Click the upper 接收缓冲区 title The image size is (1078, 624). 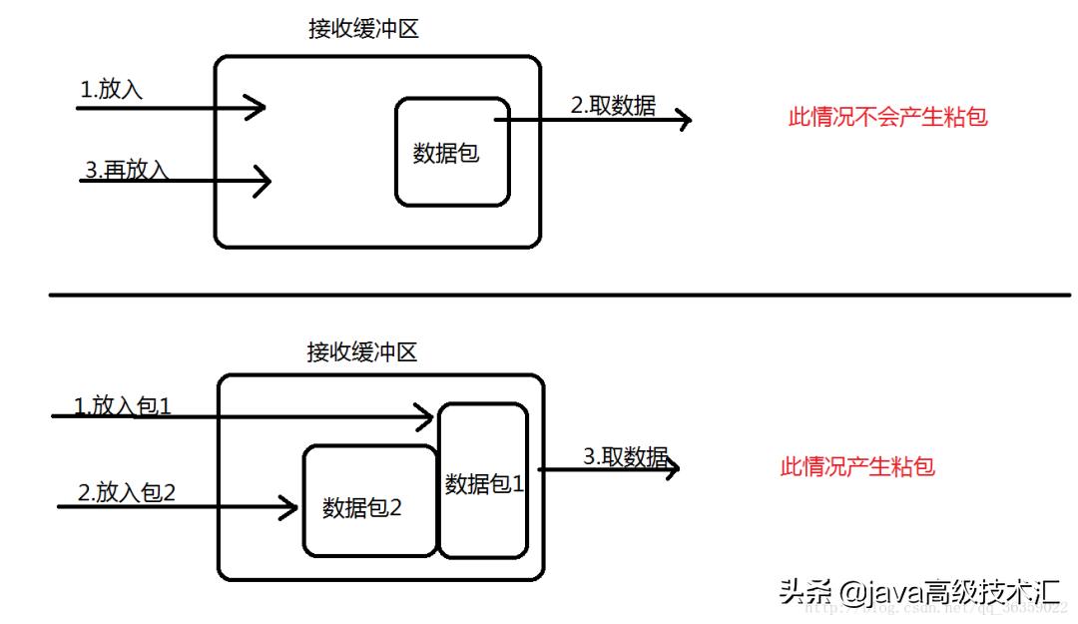[x=363, y=29]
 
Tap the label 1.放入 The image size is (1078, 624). [x=112, y=90]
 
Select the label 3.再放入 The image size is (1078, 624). [x=127, y=170]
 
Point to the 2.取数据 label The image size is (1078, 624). [x=613, y=106]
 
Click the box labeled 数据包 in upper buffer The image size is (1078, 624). [x=452, y=152]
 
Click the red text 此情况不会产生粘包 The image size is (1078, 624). [x=887, y=117]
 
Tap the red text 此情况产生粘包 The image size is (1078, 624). [x=857, y=466]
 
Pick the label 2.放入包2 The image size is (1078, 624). [x=127, y=492]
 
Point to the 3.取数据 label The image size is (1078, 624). [x=626, y=456]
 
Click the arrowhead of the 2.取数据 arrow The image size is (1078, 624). [x=683, y=120]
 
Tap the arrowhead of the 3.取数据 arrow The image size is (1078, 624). [x=671, y=467]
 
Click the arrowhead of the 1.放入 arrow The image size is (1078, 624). [x=258, y=106]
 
